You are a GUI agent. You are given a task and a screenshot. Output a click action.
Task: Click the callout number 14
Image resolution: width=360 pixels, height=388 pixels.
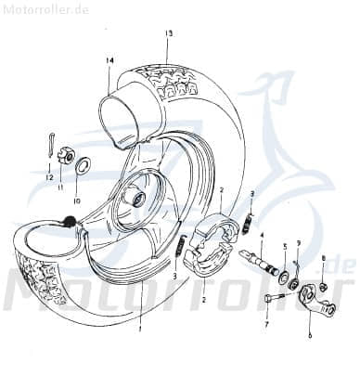pos(109,61)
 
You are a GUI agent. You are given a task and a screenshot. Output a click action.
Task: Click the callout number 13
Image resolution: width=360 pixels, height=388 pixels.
pos(169,33)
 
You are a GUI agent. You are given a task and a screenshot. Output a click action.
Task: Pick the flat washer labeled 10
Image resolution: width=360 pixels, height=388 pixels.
pos(81,166)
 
